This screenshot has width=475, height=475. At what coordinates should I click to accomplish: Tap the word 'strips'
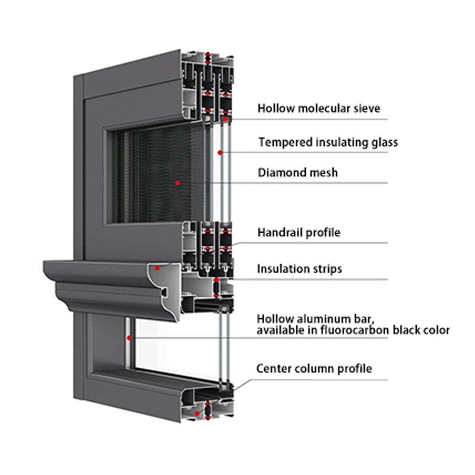(327, 268)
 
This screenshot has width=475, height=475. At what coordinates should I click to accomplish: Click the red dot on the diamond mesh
(177, 182)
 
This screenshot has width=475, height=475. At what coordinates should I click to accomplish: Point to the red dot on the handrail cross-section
(157, 268)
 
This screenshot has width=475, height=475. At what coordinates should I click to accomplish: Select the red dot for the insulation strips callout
(218, 279)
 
